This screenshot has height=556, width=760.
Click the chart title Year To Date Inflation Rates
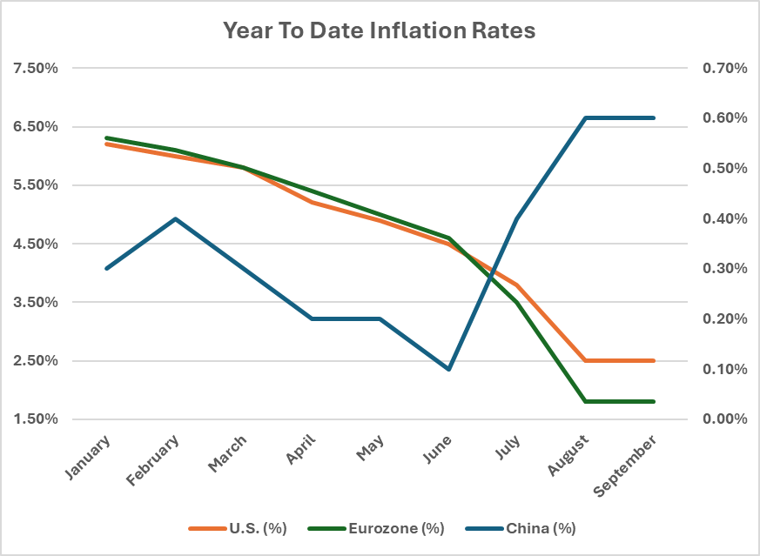coord(380,30)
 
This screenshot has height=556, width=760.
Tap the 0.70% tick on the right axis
coord(724,68)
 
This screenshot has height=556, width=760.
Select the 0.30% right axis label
coord(724,268)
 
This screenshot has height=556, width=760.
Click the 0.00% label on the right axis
coord(724,419)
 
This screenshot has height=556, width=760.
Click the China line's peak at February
coord(175,218)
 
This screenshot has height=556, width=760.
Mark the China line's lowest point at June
coord(449,369)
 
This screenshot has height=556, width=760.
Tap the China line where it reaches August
coord(586,117)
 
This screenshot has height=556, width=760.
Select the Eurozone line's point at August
coord(586,401)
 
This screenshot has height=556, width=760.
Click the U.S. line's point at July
coord(517,285)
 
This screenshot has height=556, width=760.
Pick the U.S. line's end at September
coord(655,360)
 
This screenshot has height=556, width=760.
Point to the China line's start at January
coord(106,268)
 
